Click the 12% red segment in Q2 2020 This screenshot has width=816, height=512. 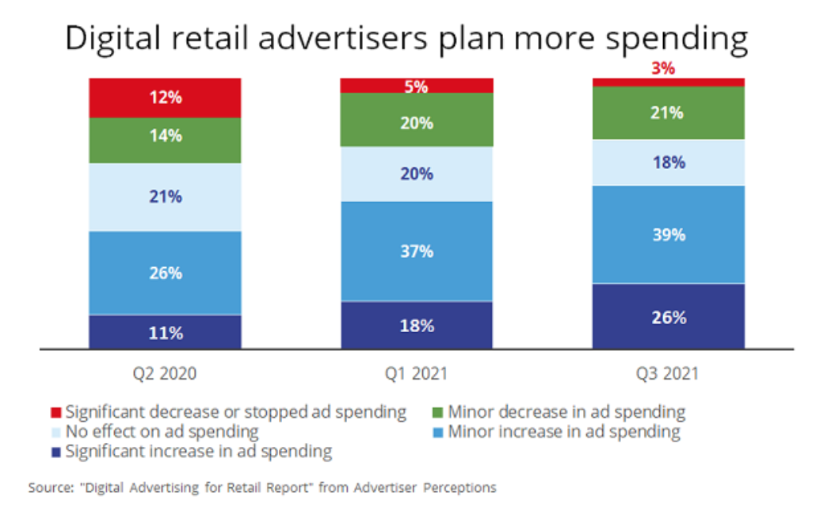point(165,98)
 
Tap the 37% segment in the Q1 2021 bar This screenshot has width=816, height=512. point(417,251)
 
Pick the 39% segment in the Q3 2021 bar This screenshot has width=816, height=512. point(668,235)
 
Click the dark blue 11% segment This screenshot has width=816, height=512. point(165,332)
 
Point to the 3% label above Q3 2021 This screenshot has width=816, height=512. point(663,69)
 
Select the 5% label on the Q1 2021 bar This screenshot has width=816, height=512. point(417,86)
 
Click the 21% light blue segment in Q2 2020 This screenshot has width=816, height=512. point(165,197)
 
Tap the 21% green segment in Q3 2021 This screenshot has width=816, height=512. point(668,113)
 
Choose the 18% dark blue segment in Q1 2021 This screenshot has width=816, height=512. point(417,325)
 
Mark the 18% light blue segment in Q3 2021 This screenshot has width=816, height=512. point(668,162)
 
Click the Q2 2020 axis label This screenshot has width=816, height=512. point(165,373)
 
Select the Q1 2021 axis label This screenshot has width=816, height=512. point(417,373)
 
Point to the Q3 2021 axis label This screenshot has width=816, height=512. point(668,373)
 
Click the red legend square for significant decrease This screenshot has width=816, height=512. point(55,413)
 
